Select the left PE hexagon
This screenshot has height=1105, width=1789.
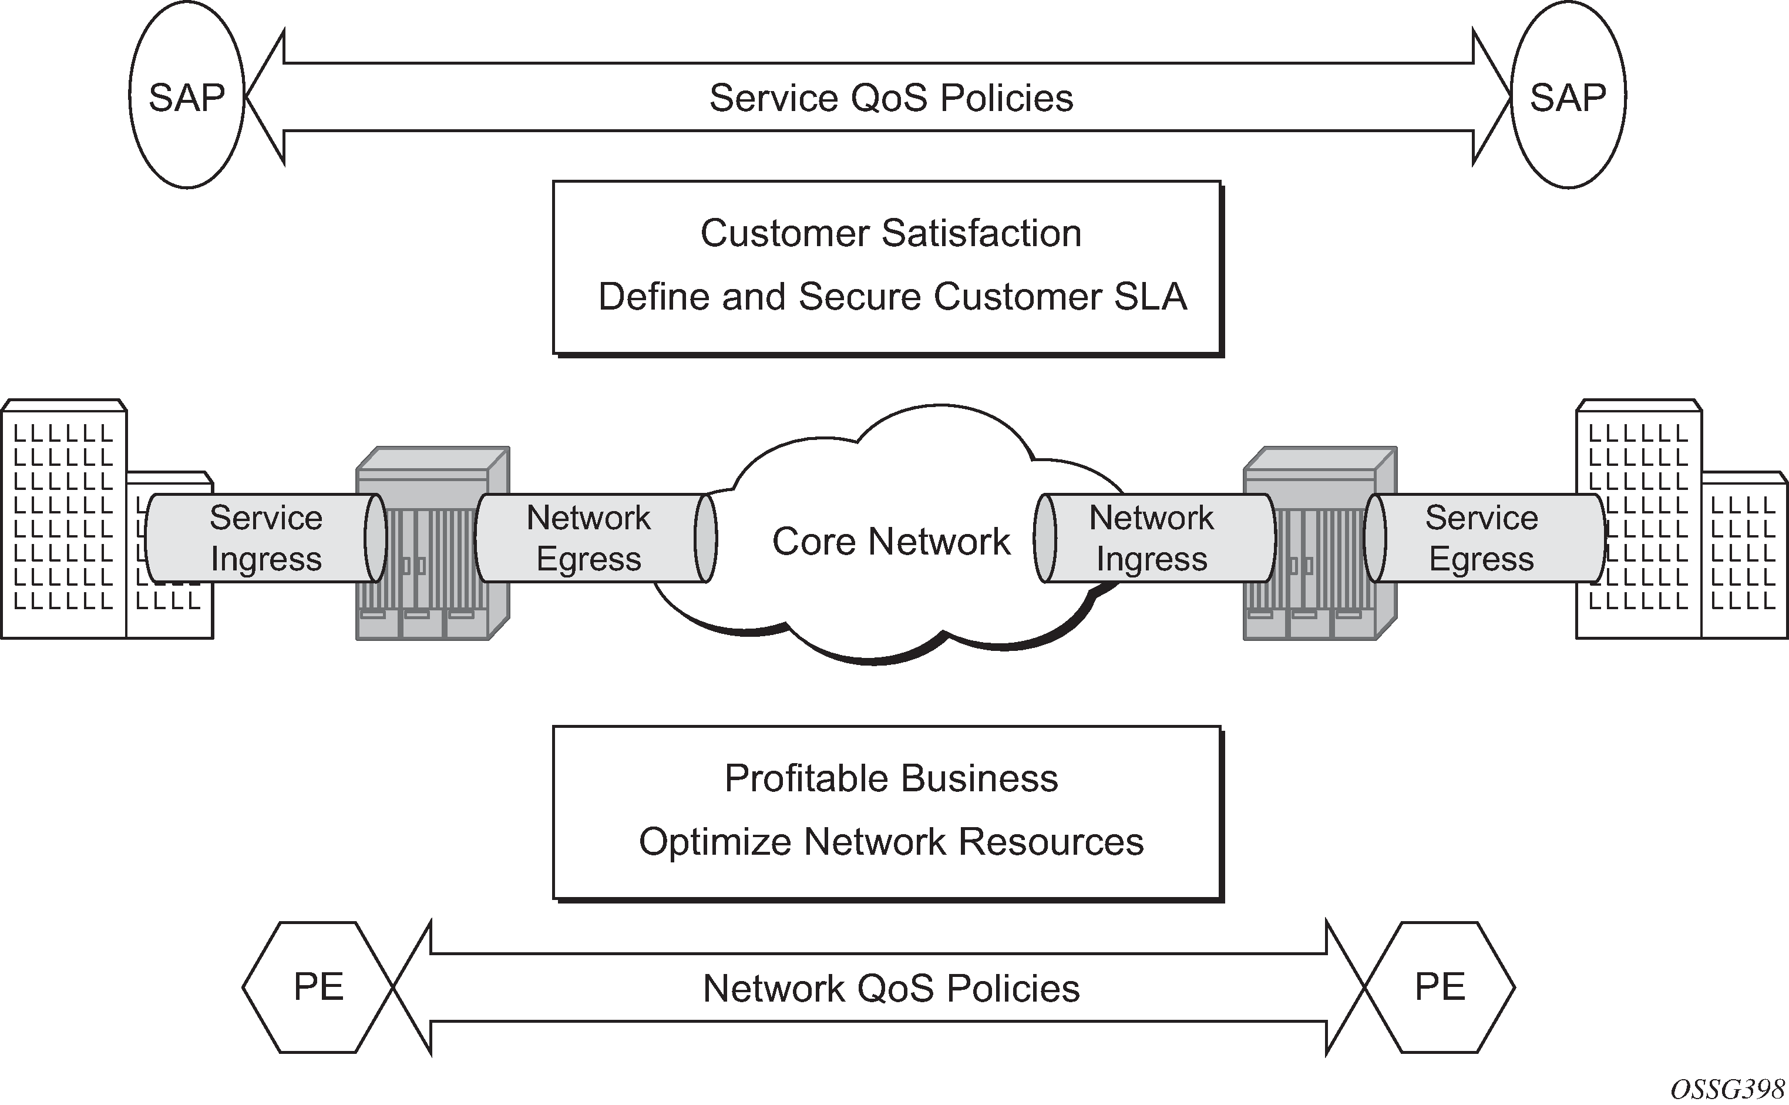318,986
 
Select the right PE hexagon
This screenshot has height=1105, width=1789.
1440,986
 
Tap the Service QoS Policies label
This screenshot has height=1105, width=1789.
891,98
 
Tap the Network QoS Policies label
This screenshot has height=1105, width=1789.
891,988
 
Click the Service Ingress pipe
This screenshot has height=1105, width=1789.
266,539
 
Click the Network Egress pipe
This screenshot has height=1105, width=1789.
589,539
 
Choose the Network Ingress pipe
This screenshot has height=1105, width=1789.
1151,539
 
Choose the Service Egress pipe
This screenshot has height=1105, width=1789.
1481,539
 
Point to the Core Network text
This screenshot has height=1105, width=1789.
891,542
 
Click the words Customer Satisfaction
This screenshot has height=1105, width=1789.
891,234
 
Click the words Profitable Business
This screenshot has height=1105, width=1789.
891,778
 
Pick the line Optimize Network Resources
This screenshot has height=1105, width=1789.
891,842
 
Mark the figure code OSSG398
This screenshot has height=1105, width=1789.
1728,1089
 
